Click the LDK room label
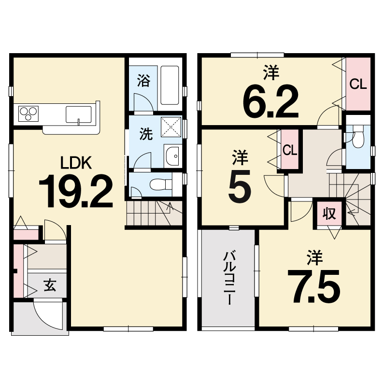point(76,162)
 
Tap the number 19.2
point(76,191)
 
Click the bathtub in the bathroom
point(170,85)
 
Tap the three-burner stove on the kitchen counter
point(28,114)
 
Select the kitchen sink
point(78,114)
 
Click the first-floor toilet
point(161,184)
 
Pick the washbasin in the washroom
point(172,156)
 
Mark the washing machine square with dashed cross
point(171,127)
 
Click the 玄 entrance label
point(50,285)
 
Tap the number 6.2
point(271,101)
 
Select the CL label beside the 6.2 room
point(358,84)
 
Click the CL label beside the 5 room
point(290,150)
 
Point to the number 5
point(240,185)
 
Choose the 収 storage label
point(329,213)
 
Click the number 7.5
point(313,286)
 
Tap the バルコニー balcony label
point(229,278)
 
